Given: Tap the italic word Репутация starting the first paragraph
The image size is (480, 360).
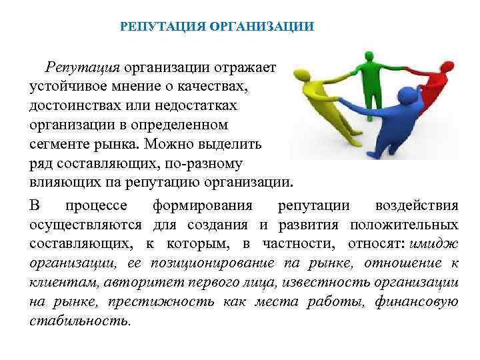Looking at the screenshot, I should tap(82, 67).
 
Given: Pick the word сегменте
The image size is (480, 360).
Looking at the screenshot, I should tap(59, 143).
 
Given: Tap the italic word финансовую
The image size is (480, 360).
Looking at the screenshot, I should tap(417, 302).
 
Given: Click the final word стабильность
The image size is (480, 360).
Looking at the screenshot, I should tap(80, 321).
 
